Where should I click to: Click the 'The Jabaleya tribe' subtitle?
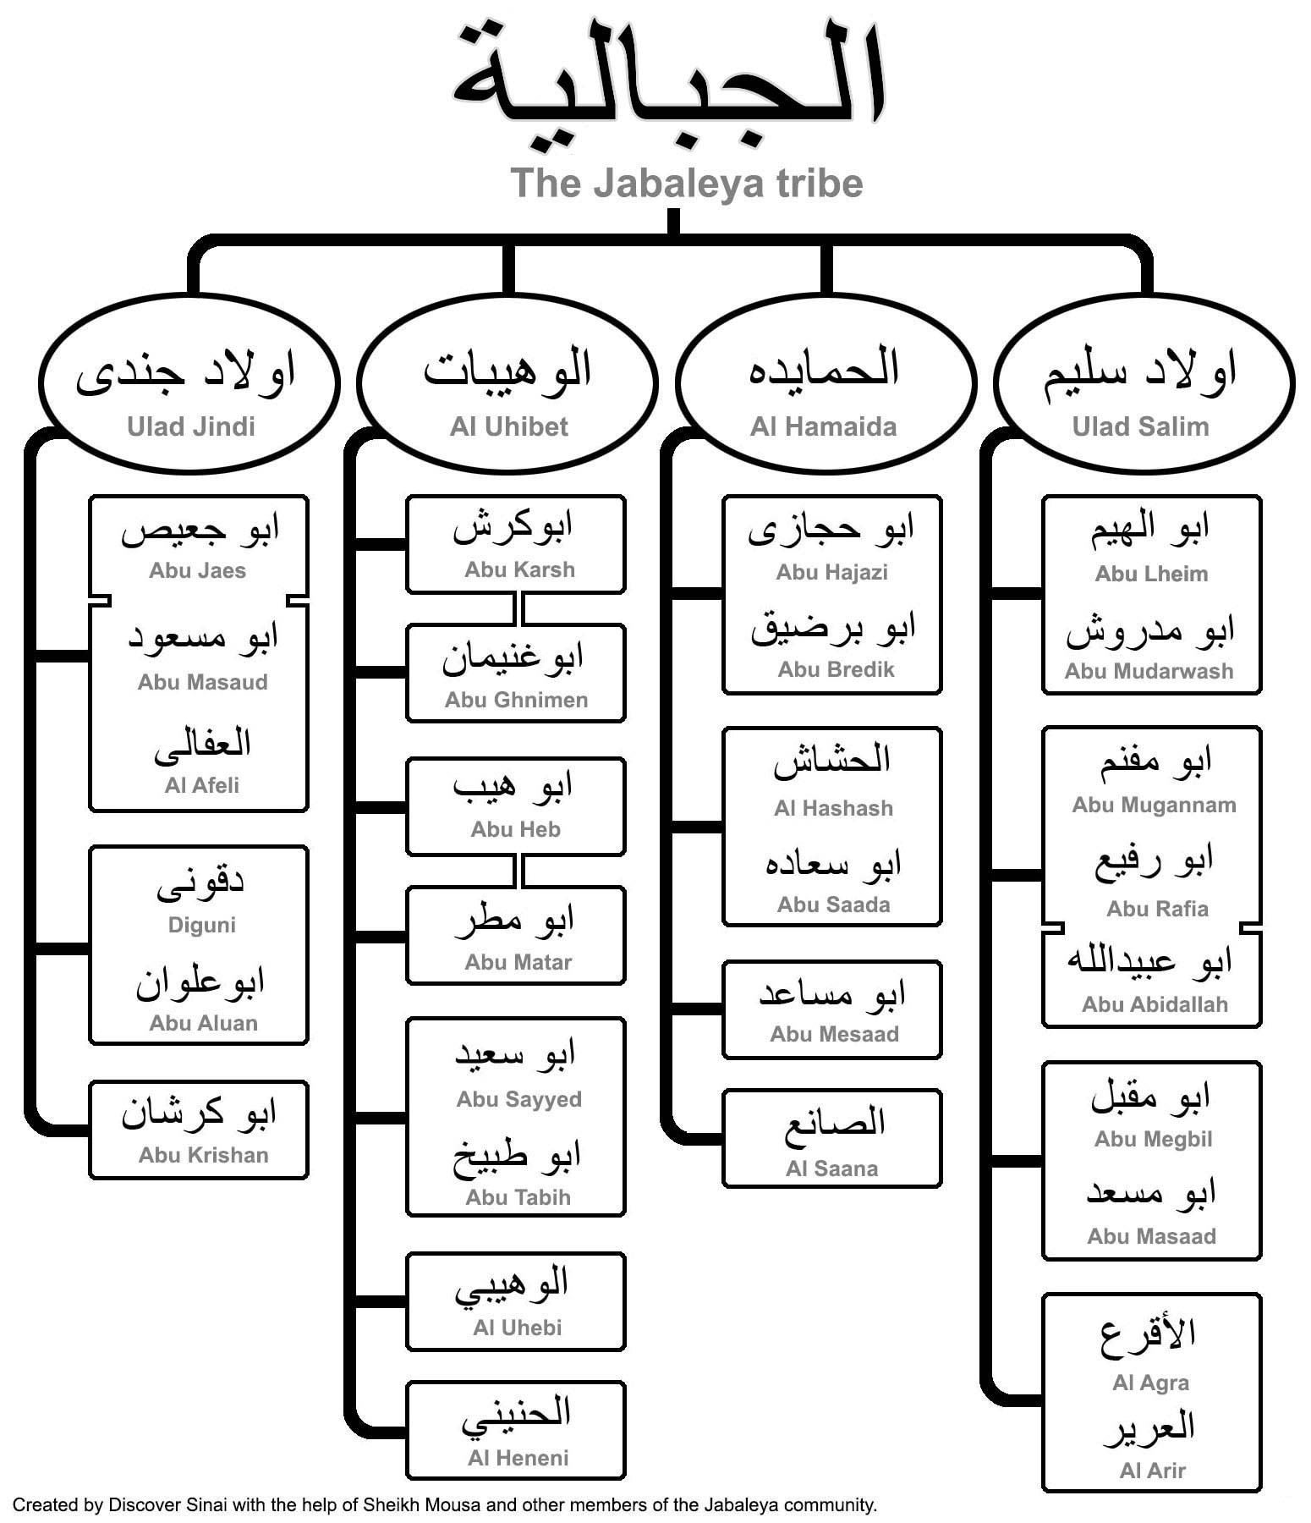pyautogui.click(x=687, y=183)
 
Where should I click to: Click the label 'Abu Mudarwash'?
pyautogui.click(x=1149, y=671)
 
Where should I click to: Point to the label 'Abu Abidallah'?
pyautogui.click(x=1155, y=1004)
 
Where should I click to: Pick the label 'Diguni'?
pyautogui.click(x=201, y=925)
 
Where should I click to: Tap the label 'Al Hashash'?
pyautogui.click(x=833, y=808)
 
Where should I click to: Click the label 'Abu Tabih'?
pyautogui.click(x=518, y=1197)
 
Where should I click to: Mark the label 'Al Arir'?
pyautogui.click(x=1152, y=1471)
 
